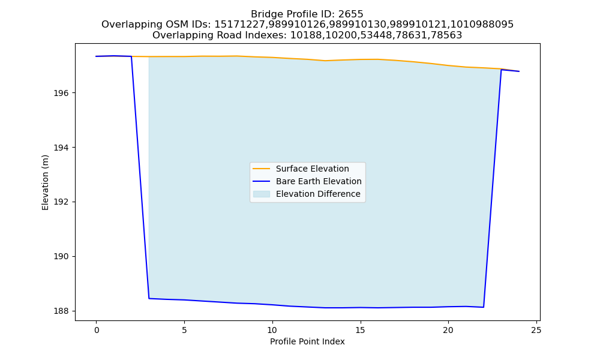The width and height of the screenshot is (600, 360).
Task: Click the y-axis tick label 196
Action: tap(61, 94)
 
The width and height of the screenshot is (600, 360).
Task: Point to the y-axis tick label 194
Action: tap(61, 148)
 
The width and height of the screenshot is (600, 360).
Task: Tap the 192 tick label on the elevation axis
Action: tap(61, 202)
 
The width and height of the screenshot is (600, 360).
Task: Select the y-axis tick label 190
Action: tap(61, 256)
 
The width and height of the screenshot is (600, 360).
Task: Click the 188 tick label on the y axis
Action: tap(61, 311)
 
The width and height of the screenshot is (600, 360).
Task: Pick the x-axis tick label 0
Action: tap(97, 330)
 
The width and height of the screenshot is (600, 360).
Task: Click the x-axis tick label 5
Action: tap(184, 330)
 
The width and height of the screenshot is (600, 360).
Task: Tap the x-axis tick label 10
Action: tap(272, 330)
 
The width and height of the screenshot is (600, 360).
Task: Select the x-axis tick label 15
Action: tap(360, 330)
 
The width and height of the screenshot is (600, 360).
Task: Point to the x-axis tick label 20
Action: tap(448, 330)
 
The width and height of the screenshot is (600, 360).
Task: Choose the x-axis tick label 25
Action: tap(536, 330)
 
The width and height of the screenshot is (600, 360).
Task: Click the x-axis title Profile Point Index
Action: tap(307, 341)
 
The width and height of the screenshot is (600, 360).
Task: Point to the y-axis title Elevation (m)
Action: tap(46, 182)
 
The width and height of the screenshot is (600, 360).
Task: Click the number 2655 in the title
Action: tap(350, 14)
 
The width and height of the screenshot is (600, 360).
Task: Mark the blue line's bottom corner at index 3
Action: tap(149, 298)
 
